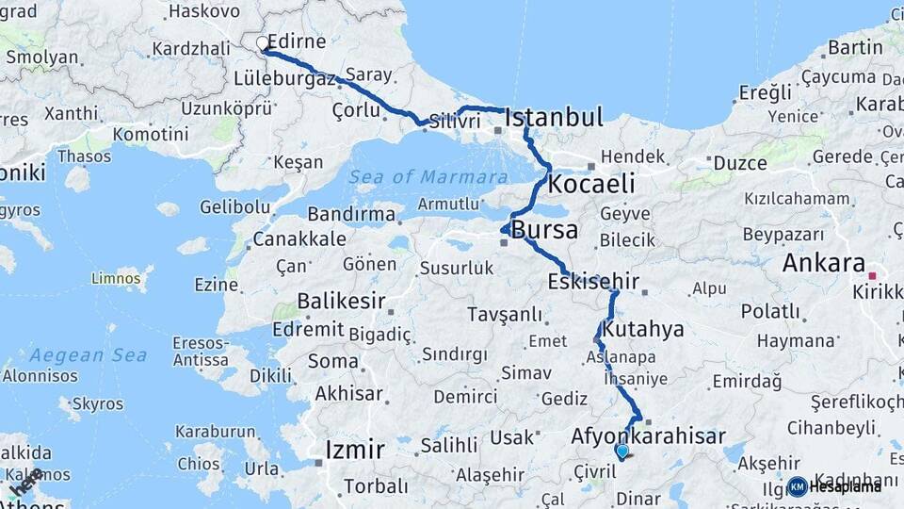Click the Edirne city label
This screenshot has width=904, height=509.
[297, 41]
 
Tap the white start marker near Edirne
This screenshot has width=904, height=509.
[263, 42]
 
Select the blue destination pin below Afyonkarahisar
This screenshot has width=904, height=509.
[621, 452]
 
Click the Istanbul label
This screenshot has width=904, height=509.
[554, 118]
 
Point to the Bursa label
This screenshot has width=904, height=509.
[544, 230]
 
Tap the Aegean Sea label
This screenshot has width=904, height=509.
[88, 355]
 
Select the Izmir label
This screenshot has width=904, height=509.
[354, 450]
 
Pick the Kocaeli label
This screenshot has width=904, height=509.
[591, 183]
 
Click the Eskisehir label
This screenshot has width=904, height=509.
[593, 281]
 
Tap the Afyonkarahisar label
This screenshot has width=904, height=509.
[648, 436]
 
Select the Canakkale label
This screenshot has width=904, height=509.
[299, 238]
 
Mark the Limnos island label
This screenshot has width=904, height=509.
[115, 278]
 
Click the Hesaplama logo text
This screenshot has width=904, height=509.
[846, 486]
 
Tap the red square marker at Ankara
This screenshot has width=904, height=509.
[873, 276]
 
